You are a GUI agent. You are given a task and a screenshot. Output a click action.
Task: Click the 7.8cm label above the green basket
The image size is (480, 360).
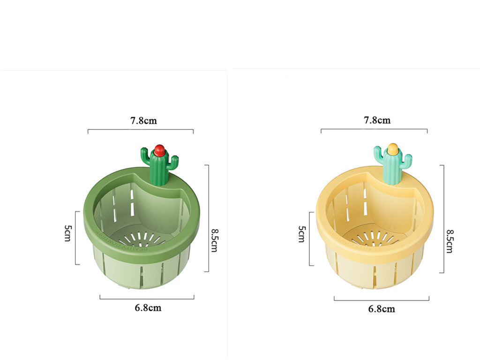pos(143,120)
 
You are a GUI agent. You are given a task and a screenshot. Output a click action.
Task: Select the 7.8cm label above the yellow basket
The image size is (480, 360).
pos(377,120)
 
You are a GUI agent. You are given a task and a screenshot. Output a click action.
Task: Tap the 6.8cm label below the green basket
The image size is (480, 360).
pos(148,308)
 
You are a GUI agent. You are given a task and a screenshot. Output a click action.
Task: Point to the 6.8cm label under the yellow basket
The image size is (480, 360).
pos(381,308)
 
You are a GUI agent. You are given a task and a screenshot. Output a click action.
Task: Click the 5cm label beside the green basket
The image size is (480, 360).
pos(68,233)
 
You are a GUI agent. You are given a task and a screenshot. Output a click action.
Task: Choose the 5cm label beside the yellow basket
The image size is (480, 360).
pos(302,234)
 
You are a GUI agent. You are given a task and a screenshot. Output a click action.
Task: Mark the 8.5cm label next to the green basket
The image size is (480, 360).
pos(214,240)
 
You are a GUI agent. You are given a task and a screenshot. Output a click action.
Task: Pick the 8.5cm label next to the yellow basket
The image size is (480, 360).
pos(449,241)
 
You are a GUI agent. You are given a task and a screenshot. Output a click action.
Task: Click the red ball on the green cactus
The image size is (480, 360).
pos(159,150)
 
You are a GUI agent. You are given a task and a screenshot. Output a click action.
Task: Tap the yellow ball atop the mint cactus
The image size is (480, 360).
pos(392,150)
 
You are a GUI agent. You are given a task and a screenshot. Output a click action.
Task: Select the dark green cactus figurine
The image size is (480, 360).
pos(159,166)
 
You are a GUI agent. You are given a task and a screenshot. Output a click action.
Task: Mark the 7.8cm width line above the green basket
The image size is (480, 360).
pos(141,130)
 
